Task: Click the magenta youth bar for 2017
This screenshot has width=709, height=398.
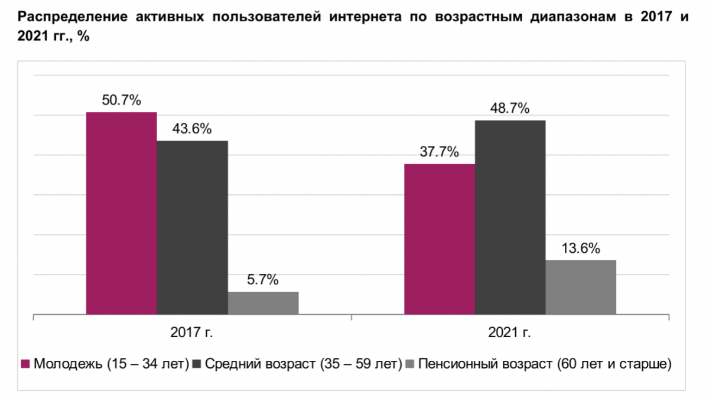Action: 122,213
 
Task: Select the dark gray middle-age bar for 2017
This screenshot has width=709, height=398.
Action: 192,227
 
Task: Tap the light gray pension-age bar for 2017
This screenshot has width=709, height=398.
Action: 263,302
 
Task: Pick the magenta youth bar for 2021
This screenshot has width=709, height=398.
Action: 439,239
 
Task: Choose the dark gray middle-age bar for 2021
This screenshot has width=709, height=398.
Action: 510,217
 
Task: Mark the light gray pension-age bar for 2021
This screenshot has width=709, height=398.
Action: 581,287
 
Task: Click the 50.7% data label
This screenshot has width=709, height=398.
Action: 122,100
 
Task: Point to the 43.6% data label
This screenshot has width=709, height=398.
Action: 192,129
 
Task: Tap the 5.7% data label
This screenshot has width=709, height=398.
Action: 263,280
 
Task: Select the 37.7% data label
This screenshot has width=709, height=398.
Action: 439,152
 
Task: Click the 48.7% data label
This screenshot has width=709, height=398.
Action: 510,109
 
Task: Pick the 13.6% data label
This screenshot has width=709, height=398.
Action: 581,248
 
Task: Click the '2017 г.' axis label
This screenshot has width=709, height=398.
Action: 193,332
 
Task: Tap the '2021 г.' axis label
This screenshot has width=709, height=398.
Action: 510,332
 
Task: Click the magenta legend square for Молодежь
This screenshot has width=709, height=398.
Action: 25,363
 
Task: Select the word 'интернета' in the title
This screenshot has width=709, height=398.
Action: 362,17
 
